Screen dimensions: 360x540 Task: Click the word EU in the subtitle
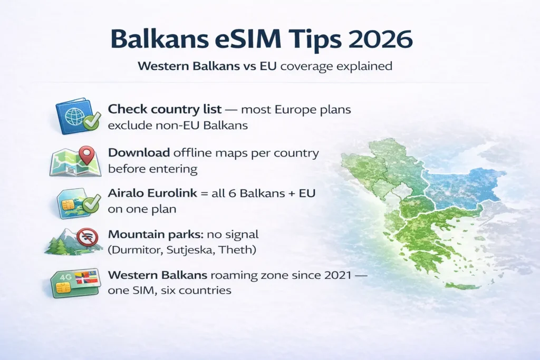point(267,67)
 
